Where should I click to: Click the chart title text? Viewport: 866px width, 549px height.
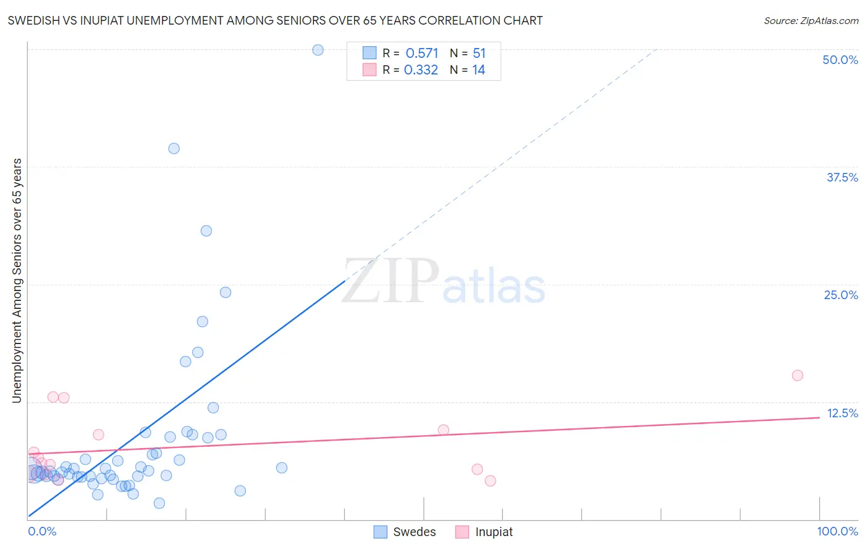click(x=275, y=20)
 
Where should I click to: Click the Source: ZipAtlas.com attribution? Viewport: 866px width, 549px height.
click(x=811, y=20)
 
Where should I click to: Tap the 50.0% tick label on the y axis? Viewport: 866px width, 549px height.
click(x=840, y=60)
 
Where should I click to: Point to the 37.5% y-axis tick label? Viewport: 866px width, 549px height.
click(x=842, y=177)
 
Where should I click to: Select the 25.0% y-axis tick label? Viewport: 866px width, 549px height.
click(x=841, y=295)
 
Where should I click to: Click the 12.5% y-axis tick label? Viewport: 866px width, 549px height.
click(x=842, y=413)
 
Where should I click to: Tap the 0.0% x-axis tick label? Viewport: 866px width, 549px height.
click(x=42, y=531)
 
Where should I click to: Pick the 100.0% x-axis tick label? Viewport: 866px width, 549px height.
click(x=837, y=531)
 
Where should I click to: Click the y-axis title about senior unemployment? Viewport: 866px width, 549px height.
click(x=17, y=281)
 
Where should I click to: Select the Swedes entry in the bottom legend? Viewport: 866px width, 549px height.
click(x=414, y=532)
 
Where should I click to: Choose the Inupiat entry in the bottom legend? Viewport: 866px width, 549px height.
click(x=493, y=532)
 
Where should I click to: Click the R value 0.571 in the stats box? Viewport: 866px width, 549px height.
click(x=422, y=54)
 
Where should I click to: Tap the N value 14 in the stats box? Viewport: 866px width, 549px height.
click(x=479, y=70)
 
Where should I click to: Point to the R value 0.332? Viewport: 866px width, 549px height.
click(x=421, y=70)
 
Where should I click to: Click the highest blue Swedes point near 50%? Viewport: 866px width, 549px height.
click(x=318, y=50)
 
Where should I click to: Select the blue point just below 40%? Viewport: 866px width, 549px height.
click(x=174, y=148)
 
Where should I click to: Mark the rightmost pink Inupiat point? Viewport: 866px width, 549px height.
click(x=797, y=375)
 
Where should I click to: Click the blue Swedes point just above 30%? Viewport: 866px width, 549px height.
click(x=206, y=231)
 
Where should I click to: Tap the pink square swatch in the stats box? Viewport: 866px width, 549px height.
click(x=369, y=70)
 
